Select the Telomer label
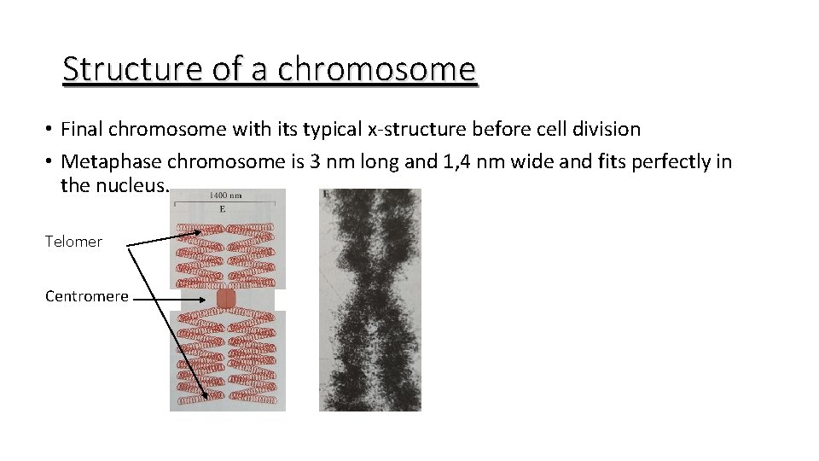73,242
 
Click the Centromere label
87,296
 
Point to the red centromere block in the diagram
226,299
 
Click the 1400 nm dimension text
226,195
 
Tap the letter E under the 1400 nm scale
223,207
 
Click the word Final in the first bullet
82,130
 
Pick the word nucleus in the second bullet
137,185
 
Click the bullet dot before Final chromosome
51,130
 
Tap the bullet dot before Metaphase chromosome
51,161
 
